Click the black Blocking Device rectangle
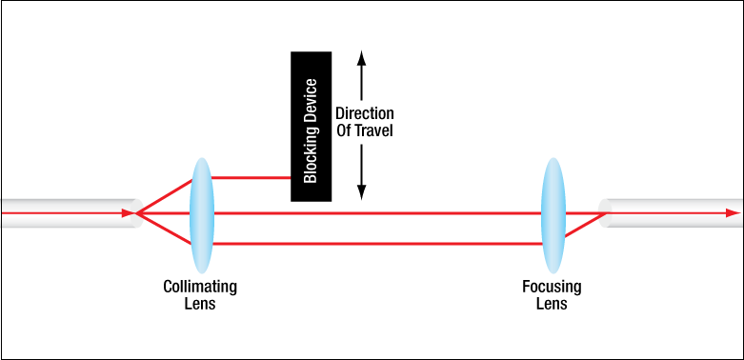(311, 126)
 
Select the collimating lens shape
(202, 215)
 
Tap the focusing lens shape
(553, 215)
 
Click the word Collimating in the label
(200, 287)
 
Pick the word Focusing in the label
(552, 287)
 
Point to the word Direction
(365, 114)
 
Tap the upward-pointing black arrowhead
(362, 57)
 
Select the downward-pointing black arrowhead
(362, 192)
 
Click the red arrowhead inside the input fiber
(129, 213)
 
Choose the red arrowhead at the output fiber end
(734, 213)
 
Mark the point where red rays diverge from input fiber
(136, 213)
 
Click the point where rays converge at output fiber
(606, 213)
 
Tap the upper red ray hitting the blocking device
(251, 178)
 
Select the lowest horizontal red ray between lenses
(377, 244)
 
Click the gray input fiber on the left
(71, 213)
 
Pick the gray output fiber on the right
(670, 213)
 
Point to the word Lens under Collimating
(200, 304)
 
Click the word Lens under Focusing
(552, 304)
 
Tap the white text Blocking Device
(311, 130)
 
